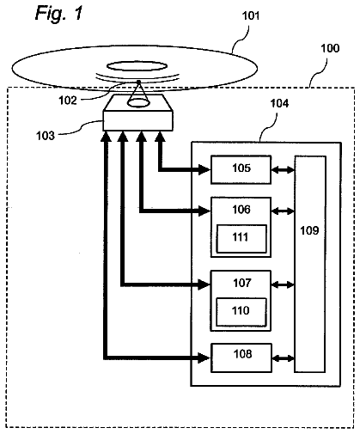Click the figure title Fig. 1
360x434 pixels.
click(58, 14)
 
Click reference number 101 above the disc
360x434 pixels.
click(251, 15)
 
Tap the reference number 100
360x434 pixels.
click(330, 48)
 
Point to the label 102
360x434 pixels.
click(68, 101)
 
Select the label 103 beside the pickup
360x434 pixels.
click(46, 136)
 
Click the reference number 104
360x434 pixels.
click(279, 103)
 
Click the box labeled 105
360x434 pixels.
click(241, 169)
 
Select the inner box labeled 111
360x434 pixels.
click(241, 239)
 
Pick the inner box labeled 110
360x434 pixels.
click(241, 312)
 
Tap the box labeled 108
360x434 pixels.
click(241, 358)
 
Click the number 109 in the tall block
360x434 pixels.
click(309, 230)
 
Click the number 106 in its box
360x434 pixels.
click(241, 210)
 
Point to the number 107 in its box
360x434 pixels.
click(242, 283)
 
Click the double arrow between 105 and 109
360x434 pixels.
click(283, 170)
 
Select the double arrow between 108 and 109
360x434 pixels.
click(283, 358)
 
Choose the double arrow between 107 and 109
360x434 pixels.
click(283, 284)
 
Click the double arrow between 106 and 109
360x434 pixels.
click(283, 211)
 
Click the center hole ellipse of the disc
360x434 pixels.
click(137, 66)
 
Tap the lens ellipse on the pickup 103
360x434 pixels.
click(138, 103)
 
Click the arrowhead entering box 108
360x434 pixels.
click(204, 358)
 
